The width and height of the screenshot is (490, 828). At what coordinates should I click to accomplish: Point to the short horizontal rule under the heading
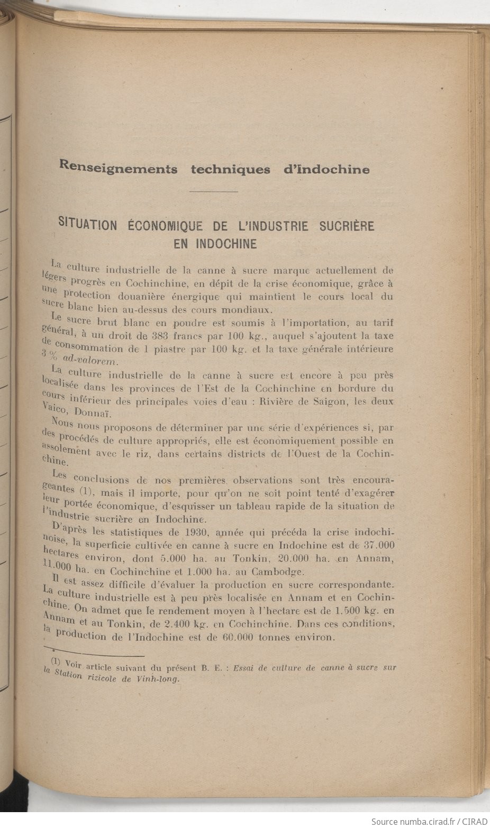213,191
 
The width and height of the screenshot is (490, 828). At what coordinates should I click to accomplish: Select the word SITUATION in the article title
87,225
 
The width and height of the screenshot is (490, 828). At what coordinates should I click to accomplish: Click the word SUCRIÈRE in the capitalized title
347,226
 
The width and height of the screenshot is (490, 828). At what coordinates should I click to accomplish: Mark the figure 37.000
377,545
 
